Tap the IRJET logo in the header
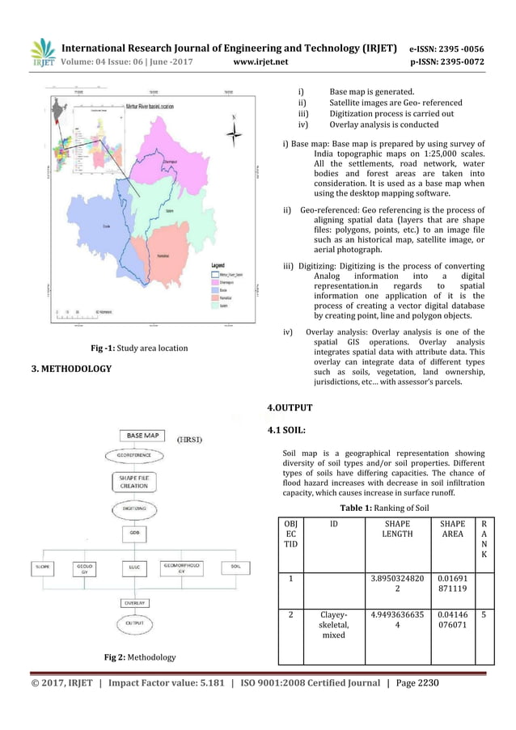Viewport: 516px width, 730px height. (43, 53)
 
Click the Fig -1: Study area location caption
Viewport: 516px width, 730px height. (138, 348)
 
